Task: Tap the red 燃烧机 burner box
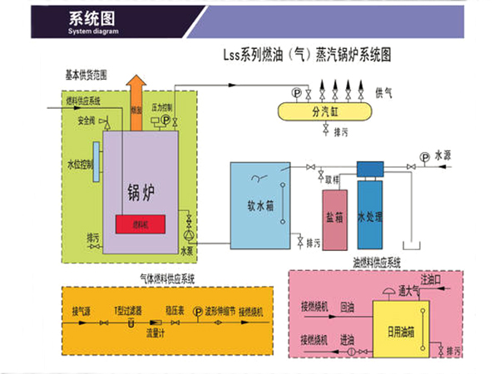tap(139, 224)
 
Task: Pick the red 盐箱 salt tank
tap(335, 219)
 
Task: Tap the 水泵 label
tap(188, 249)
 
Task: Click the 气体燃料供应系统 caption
tap(163, 278)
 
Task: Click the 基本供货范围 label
tap(86, 75)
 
